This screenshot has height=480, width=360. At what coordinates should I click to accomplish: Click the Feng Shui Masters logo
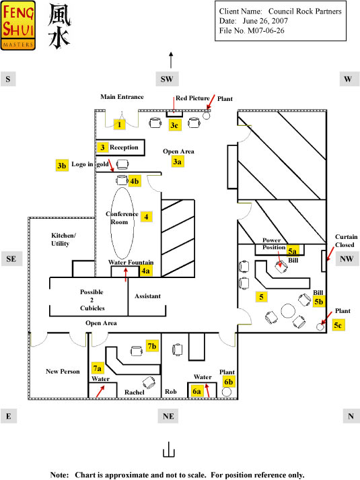pyautogui.click(x=17, y=26)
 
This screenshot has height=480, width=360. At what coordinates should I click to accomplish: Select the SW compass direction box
pyautogui.click(x=167, y=79)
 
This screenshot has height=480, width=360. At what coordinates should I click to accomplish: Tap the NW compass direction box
pyautogui.click(x=347, y=259)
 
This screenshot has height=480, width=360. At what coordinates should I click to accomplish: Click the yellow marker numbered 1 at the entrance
pyautogui.click(x=120, y=125)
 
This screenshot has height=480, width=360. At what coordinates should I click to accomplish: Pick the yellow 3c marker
pyautogui.click(x=174, y=125)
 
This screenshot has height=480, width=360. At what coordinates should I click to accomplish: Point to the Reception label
pyautogui.click(x=124, y=147)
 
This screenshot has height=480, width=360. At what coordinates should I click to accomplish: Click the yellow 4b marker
pyautogui.click(x=135, y=181)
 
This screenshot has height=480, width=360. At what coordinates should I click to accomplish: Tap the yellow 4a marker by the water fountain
pyautogui.click(x=145, y=271)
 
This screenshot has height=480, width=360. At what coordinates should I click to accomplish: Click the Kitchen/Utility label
pyautogui.click(x=63, y=240)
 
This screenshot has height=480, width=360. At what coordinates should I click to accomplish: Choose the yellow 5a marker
pyautogui.click(x=293, y=251)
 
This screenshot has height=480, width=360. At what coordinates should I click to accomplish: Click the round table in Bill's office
pyautogui.click(x=288, y=311)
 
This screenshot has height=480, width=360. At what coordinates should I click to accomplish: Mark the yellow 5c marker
pyautogui.click(x=338, y=325)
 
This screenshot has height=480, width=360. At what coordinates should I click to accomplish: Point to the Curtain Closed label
pyautogui.click(x=346, y=240)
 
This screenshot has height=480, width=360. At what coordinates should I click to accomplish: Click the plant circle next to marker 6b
pyautogui.click(x=226, y=392)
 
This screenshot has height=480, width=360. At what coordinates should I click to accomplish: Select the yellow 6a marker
pyautogui.click(x=196, y=391)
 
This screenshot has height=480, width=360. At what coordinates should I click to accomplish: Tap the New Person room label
pyautogui.click(x=63, y=372)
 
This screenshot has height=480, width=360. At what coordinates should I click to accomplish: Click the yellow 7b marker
pyautogui.click(x=152, y=346)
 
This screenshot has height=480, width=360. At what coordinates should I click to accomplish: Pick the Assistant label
pyautogui.click(x=148, y=296)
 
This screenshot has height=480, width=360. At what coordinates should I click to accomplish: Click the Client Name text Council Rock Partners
pyautogui.click(x=305, y=11)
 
